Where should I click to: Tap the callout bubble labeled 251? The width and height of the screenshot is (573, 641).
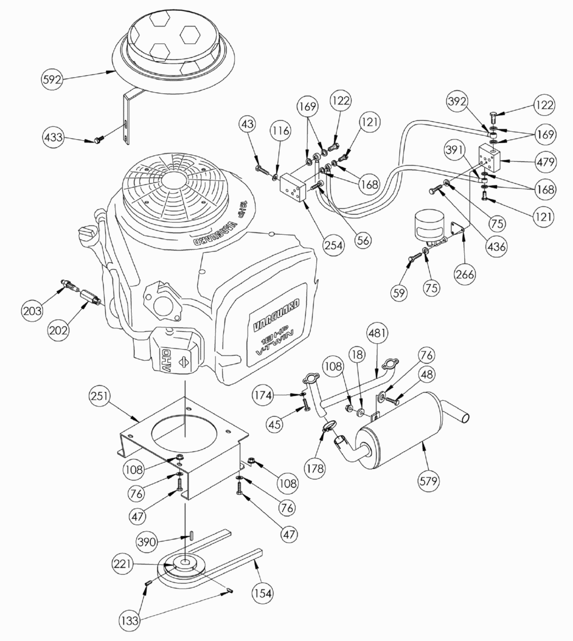[x=99, y=397]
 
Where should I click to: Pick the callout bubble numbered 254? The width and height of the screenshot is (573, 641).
[x=333, y=245]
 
